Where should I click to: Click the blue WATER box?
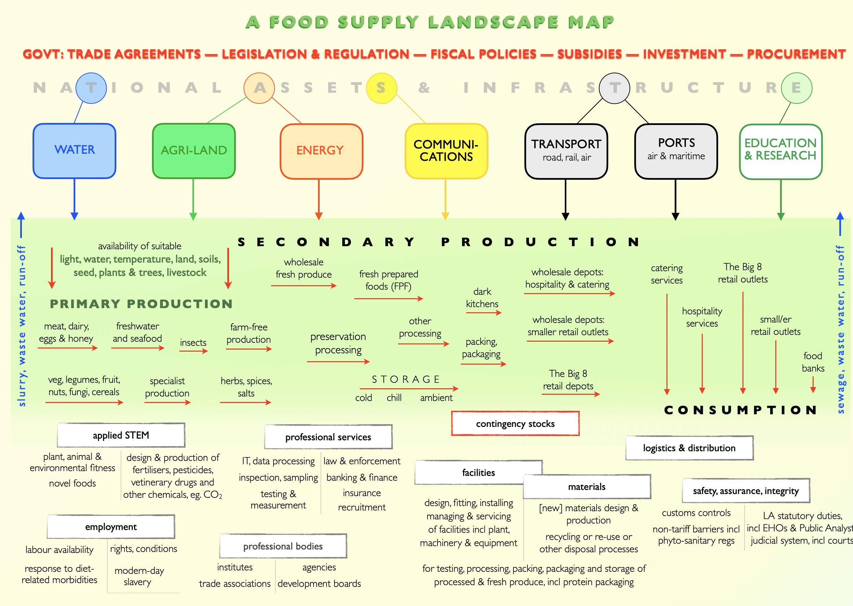[x=75, y=151]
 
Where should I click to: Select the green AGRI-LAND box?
[x=194, y=151]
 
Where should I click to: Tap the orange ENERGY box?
[x=321, y=151]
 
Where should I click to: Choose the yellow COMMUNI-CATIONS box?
[x=446, y=151]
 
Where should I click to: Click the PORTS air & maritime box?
[x=676, y=151]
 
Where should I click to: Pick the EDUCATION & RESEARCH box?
[x=780, y=151]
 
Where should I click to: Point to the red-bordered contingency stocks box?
[x=515, y=424]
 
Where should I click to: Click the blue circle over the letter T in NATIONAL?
[x=91, y=88]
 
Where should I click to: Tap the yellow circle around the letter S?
[x=381, y=88]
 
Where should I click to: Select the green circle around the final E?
[x=796, y=88]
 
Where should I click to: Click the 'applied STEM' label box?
[x=121, y=435]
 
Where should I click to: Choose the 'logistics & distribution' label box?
[x=689, y=448]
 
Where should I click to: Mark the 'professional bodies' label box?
[x=283, y=546]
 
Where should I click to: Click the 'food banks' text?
[x=813, y=362]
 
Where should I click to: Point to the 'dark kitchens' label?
[x=482, y=298]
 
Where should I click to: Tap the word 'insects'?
[x=193, y=343]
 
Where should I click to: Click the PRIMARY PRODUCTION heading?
[x=141, y=304]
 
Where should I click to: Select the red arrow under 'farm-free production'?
[x=249, y=349]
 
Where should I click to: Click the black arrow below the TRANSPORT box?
[x=565, y=200]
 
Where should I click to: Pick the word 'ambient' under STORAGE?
[x=436, y=398]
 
